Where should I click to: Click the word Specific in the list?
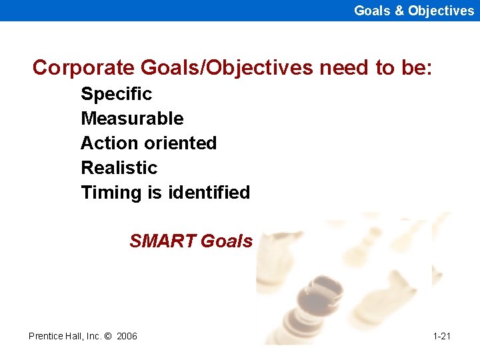pyautogui.click(x=116, y=94)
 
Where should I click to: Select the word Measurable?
pyautogui.click(x=132, y=119)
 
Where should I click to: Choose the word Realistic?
pyautogui.click(x=119, y=168)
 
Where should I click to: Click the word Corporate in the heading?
pyautogui.click(x=84, y=67)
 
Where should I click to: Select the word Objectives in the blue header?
pyautogui.click(x=441, y=11)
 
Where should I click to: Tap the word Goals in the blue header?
pyautogui.click(x=371, y=11)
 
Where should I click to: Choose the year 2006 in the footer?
pyautogui.click(x=127, y=336)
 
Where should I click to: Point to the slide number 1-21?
pyautogui.click(x=441, y=336)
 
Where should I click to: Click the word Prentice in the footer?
pyautogui.click(x=46, y=336)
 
